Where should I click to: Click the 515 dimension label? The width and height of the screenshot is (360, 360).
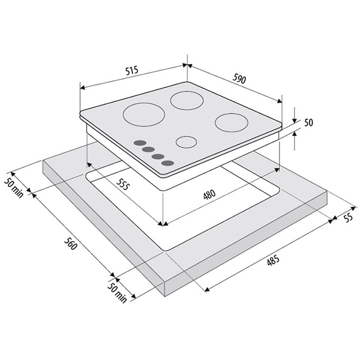132,70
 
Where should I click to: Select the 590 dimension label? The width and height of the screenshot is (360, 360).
239,78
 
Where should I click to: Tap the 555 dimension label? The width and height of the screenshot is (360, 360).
122,184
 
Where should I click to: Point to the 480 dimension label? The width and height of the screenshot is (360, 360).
209,194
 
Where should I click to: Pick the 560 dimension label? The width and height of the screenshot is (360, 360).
70,244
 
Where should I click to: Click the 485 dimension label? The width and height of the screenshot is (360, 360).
273,260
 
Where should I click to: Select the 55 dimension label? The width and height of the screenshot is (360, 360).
349,217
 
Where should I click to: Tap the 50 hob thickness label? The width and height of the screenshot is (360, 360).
308,122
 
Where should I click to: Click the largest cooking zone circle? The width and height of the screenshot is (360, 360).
144,115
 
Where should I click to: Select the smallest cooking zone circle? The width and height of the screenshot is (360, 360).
187,142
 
